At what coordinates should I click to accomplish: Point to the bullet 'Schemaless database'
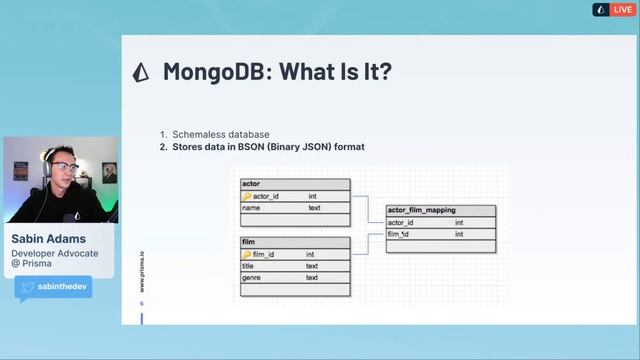point(220,135)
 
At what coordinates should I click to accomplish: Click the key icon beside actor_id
point(247,196)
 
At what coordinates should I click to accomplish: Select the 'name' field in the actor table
point(252,208)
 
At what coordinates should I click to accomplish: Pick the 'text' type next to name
point(314,208)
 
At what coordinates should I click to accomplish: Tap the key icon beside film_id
point(246,254)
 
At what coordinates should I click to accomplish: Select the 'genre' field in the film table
point(252,277)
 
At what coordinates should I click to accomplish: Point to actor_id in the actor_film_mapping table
point(401,222)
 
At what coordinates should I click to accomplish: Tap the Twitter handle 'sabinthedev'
point(64,287)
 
